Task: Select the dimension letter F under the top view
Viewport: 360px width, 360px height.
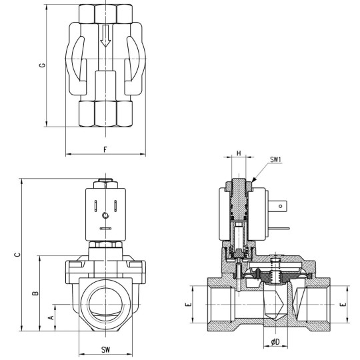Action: click(x=105, y=149)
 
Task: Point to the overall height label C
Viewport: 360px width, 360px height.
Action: click(x=17, y=253)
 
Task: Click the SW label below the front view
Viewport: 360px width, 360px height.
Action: click(x=105, y=349)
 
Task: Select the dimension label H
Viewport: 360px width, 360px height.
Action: click(x=239, y=153)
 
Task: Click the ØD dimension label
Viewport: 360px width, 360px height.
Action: click(x=274, y=342)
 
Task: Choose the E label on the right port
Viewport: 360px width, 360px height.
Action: click(x=343, y=304)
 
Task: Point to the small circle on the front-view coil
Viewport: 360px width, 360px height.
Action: click(x=105, y=215)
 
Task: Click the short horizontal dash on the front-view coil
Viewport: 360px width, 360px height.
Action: click(x=105, y=229)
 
